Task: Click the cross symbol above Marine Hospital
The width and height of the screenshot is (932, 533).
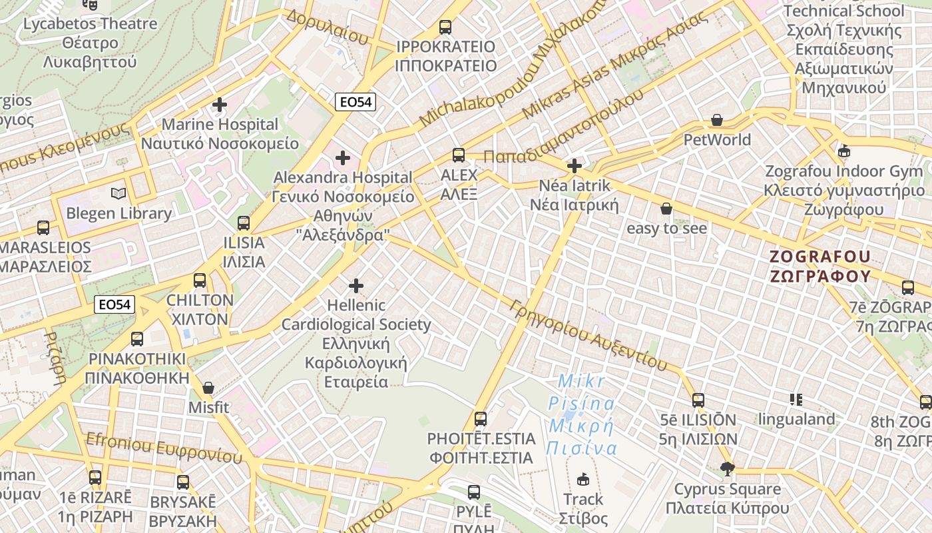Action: click(220, 105)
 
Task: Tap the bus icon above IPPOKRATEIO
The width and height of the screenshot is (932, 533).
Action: click(445, 27)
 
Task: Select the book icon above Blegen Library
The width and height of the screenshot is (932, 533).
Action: click(118, 194)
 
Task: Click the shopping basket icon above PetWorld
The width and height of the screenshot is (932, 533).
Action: click(717, 120)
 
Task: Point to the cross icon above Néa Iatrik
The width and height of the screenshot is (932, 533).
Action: click(575, 165)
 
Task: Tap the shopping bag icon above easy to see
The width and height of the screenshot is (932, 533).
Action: click(666, 209)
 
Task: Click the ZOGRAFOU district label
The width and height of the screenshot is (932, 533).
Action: click(820, 266)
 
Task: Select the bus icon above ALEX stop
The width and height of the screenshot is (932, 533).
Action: click(459, 155)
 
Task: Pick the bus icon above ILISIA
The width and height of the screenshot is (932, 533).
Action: click(244, 223)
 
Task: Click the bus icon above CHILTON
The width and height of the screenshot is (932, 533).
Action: click(200, 280)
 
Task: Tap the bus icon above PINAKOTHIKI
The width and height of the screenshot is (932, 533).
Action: click(137, 339)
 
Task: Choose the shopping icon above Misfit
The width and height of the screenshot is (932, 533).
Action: click(208, 388)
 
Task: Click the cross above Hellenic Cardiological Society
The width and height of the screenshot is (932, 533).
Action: click(356, 286)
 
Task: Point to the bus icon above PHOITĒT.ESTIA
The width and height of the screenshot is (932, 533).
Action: click(481, 419)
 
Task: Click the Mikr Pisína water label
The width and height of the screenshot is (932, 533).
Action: click(581, 414)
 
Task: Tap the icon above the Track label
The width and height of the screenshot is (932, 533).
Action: click(583, 479)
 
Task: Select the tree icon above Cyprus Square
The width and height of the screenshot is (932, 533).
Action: click(727, 469)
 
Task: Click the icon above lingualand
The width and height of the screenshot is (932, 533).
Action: click(796, 400)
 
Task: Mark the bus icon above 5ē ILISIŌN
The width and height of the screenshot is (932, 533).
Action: click(698, 400)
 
